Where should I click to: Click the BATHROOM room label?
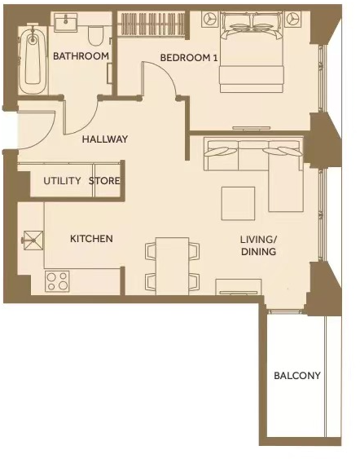(81, 56)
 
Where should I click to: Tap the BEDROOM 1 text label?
(189, 58)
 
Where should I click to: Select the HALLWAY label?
(105, 139)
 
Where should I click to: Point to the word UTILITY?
(62, 181)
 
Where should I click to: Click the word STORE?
(104, 181)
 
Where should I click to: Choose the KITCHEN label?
(91, 239)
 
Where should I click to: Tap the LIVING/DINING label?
(258, 245)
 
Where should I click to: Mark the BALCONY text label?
(296, 376)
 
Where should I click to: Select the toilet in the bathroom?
(95, 34)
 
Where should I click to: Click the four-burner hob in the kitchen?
(57, 281)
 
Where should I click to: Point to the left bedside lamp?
(209, 19)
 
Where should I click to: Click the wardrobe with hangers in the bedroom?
(152, 24)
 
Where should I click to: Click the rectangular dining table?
(172, 263)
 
